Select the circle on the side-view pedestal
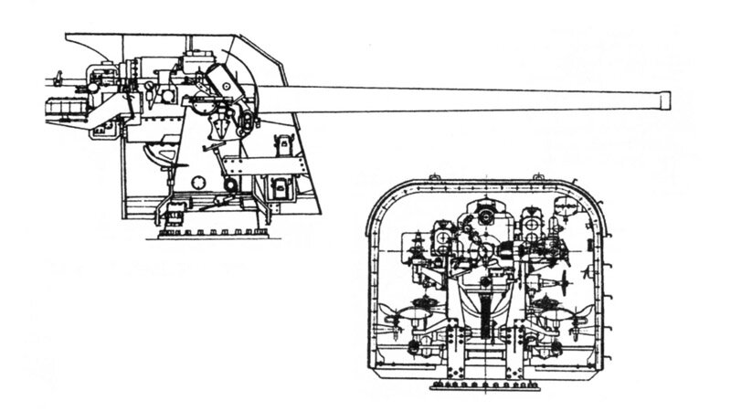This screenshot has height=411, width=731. coord(230,189)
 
